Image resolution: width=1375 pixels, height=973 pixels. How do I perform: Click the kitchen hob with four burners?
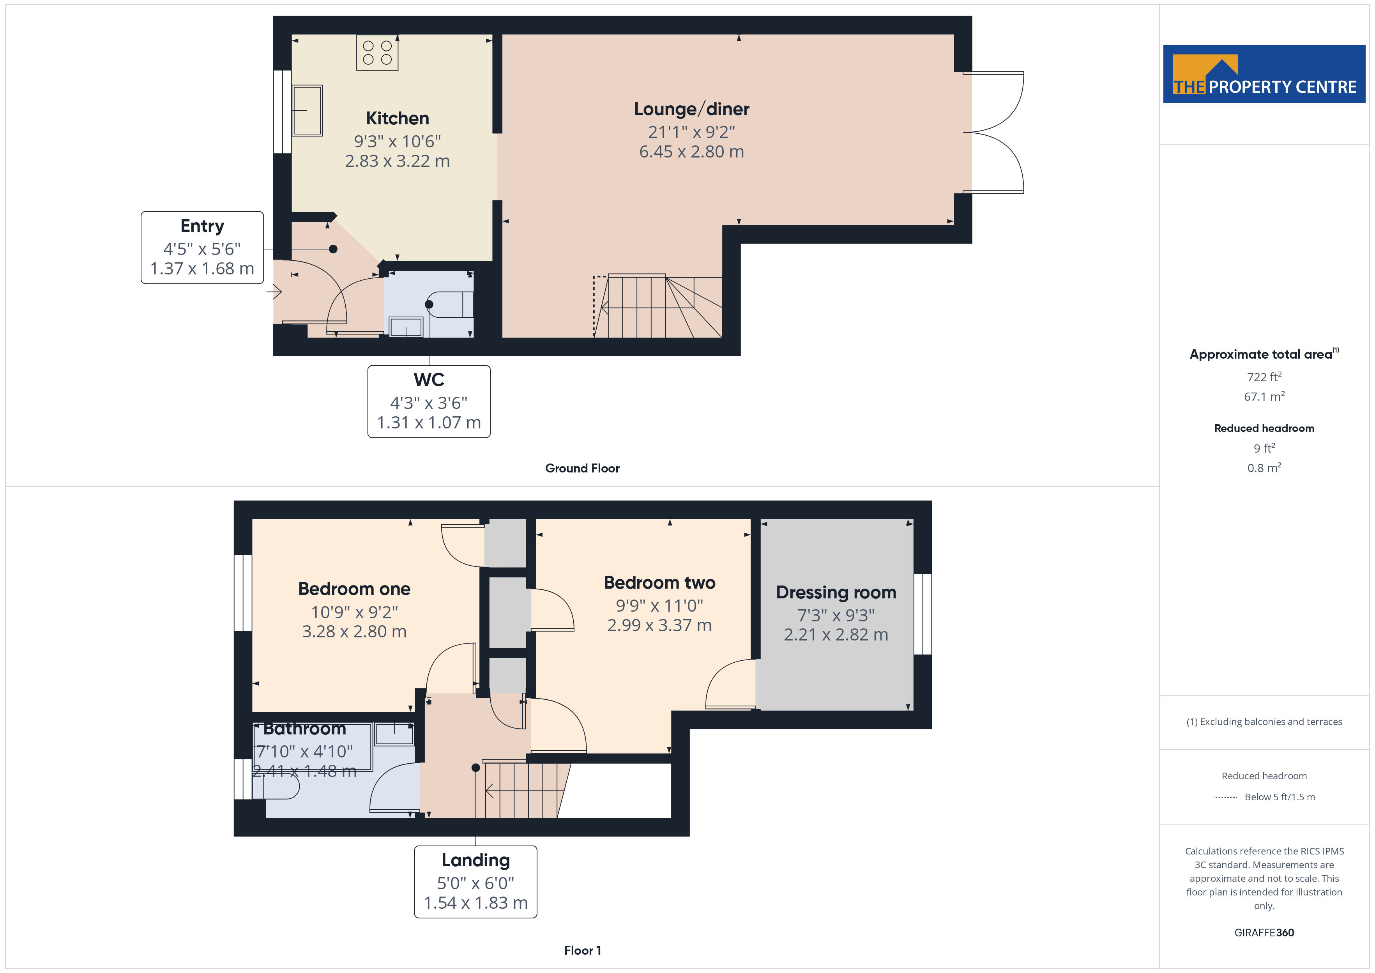click(x=377, y=53)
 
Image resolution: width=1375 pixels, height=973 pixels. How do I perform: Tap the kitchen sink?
click(x=307, y=110)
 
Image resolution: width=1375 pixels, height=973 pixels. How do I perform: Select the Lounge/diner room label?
click(x=692, y=109)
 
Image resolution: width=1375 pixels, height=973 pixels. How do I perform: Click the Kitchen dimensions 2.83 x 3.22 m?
click(x=397, y=161)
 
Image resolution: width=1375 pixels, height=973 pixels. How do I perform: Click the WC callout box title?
click(x=429, y=380)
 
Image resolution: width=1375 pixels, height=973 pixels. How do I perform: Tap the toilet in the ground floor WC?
click(x=451, y=304)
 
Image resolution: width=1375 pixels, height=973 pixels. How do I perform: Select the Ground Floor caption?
click(x=582, y=469)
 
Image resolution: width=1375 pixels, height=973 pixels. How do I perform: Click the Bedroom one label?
click(x=354, y=589)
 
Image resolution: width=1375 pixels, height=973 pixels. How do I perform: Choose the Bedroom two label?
click(x=659, y=582)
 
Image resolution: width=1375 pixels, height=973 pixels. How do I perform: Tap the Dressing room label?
click(x=836, y=593)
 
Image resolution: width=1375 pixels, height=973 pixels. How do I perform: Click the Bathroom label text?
click(x=305, y=729)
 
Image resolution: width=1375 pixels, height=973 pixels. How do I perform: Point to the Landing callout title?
click(x=475, y=860)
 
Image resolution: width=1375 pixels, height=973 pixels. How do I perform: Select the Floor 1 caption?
click(x=582, y=951)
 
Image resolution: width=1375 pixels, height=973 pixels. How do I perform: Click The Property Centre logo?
click(x=1264, y=74)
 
